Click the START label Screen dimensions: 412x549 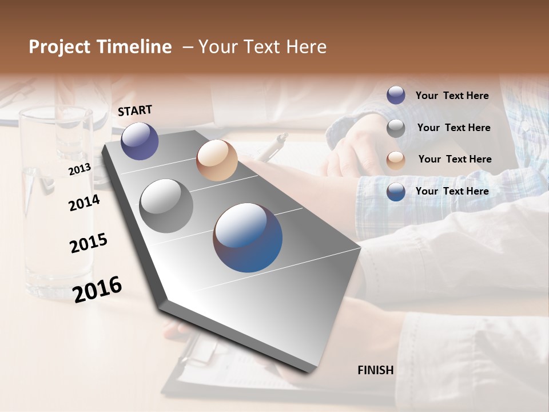click(x=135, y=110)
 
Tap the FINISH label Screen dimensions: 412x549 click(x=375, y=370)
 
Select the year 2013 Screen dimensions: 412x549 click(x=79, y=169)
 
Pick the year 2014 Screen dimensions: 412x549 click(x=84, y=203)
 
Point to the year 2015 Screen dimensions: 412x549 click(x=89, y=243)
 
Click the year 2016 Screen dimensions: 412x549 click(x=97, y=289)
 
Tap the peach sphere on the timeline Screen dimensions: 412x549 click(x=217, y=160)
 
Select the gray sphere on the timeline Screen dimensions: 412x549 click(x=166, y=206)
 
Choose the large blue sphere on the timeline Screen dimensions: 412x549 click(x=248, y=237)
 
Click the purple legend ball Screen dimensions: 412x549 click(x=396, y=95)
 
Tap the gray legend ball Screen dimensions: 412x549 click(x=396, y=128)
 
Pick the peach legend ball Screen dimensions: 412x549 click(x=396, y=160)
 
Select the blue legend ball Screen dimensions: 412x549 click(x=396, y=192)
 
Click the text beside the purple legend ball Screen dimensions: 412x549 click(x=452, y=96)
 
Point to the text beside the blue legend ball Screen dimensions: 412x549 click(x=452, y=191)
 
